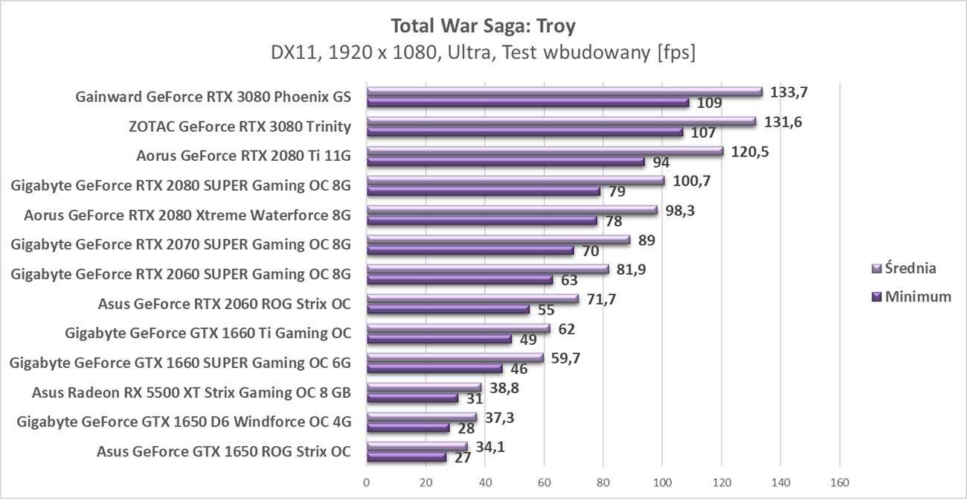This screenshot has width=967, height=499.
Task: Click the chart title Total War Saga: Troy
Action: (x=483, y=26)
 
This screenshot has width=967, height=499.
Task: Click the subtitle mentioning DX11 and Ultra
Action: (x=483, y=53)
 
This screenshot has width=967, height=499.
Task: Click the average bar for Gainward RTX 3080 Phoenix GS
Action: (x=564, y=92)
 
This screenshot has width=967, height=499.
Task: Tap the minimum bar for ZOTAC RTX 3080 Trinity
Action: (x=524, y=132)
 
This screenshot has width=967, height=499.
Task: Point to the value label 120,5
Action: (x=750, y=152)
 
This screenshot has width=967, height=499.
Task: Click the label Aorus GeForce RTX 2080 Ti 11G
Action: (x=243, y=156)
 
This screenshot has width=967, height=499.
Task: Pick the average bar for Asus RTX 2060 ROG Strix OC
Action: (x=472, y=299)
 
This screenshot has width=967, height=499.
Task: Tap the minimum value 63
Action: (x=569, y=280)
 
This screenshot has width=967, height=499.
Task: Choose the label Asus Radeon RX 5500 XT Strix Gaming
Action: (x=191, y=392)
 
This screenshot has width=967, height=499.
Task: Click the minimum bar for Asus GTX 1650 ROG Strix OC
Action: (x=406, y=457)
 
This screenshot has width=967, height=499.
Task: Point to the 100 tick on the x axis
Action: (x=662, y=483)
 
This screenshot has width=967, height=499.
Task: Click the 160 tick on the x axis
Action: (x=839, y=483)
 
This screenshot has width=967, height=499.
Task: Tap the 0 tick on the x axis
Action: (x=367, y=483)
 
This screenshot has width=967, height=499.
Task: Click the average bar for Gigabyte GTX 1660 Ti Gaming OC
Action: (x=457, y=328)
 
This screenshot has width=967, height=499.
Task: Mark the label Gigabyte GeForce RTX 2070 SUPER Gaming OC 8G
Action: (x=181, y=244)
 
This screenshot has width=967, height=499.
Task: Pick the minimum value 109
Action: (x=709, y=103)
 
